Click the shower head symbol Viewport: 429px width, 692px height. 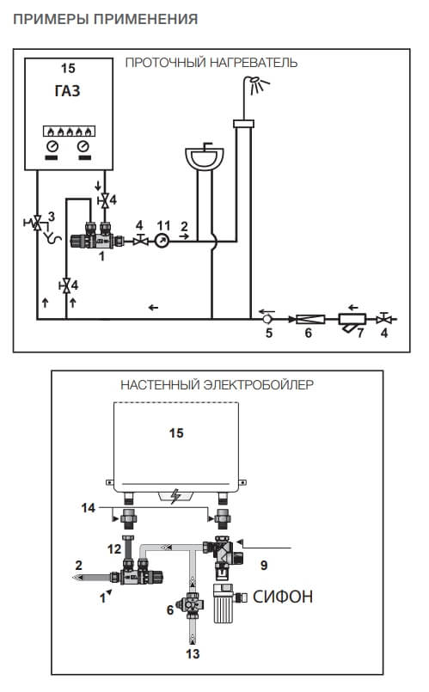tap(259, 85)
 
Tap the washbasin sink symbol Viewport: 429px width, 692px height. tap(205, 157)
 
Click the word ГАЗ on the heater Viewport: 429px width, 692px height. tap(68, 91)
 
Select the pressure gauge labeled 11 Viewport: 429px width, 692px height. tap(162, 241)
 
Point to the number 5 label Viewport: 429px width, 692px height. tap(269, 333)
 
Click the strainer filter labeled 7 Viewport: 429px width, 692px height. tap(352, 321)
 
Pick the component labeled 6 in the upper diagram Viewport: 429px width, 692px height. tap(309, 319)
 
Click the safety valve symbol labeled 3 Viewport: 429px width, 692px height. tap(37, 223)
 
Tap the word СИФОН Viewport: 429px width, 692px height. tap(283, 597)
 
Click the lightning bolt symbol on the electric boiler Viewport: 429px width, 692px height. tap(175, 497)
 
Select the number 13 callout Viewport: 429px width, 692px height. tap(193, 653)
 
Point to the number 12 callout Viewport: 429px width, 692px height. tap(114, 548)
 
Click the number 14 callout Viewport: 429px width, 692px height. tap(89, 508)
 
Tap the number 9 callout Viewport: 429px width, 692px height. tap(264, 565)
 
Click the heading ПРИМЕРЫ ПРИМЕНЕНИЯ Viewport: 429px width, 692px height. tap(106, 19)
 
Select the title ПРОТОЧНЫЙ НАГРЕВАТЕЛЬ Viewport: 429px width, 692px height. tap(211, 63)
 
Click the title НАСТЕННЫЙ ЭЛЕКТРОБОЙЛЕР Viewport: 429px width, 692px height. tap(218, 385)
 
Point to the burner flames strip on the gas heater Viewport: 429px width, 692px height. tap(70, 131)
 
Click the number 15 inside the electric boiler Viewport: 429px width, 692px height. tap(176, 433)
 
